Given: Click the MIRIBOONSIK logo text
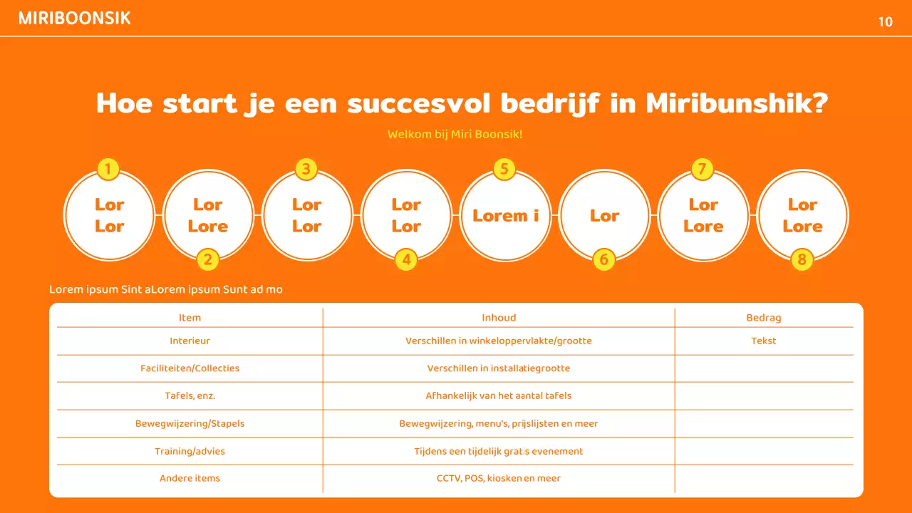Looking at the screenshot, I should tap(75, 19).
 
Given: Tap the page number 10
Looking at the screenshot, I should tap(885, 22).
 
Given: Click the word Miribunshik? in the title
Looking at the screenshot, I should tap(737, 103).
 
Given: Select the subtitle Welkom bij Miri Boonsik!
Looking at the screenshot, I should tap(455, 134).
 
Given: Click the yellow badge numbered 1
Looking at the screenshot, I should tap(108, 169).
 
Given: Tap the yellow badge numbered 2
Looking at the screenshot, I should tap(207, 259).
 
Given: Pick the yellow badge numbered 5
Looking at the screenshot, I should tap(504, 169).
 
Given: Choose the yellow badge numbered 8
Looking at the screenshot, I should tap(802, 259).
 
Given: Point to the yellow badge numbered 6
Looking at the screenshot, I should tap(603, 259).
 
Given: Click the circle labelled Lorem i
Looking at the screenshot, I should tap(505, 215).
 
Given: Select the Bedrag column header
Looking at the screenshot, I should tap(763, 318).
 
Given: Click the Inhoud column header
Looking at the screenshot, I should tap(499, 318).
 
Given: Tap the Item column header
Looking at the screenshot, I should tap(190, 318).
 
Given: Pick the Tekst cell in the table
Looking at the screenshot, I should tap(763, 341).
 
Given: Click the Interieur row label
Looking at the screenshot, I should tap(190, 341).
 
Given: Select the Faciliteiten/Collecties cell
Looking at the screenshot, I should tap(190, 368).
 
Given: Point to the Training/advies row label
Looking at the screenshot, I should tap(190, 451).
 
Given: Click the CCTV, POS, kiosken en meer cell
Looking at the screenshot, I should tap(499, 478).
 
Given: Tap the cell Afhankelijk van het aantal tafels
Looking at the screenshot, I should tap(499, 395).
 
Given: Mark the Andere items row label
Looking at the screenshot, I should tap(190, 478).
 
